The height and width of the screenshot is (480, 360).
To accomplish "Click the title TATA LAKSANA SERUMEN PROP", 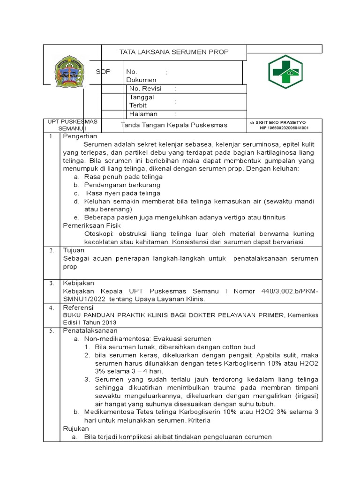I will (174, 52).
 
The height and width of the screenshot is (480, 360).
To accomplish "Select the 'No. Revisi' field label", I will (145, 89).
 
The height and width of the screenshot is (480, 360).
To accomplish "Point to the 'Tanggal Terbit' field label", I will (142, 101).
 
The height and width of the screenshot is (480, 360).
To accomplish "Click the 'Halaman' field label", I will (143, 114).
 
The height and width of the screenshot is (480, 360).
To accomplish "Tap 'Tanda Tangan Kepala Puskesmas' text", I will (174, 125).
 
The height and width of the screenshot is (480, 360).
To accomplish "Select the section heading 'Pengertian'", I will (80, 136).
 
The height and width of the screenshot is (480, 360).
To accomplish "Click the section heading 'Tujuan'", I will (74, 250).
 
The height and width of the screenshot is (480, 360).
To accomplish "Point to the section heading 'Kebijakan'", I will (78, 283).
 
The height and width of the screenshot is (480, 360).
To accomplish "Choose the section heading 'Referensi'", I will (78, 307).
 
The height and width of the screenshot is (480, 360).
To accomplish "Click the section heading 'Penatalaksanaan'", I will (90, 330).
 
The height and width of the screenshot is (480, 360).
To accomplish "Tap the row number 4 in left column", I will (52, 308).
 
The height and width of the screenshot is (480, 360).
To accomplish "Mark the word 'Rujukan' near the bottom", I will (75, 428).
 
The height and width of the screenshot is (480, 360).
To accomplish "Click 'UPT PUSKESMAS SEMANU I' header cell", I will (72, 125).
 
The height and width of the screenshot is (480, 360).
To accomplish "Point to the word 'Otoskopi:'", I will (100, 234).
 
